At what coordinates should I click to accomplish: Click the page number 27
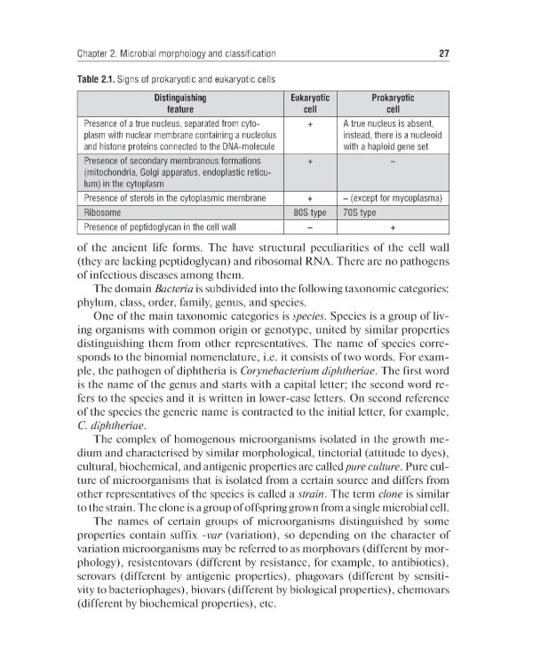pyautogui.click(x=443, y=54)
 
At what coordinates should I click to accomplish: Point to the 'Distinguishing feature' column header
pyautogui.click(x=180, y=102)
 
